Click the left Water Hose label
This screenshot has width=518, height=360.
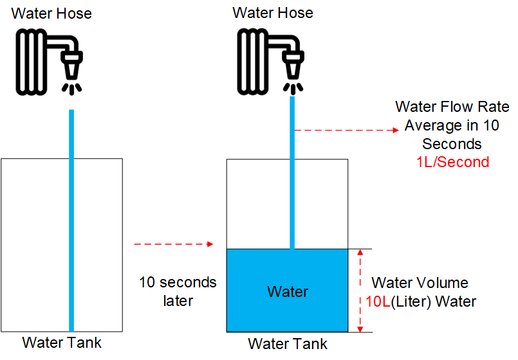pyautogui.click(x=51, y=14)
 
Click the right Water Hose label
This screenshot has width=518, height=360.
pyautogui.click(x=273, y=13)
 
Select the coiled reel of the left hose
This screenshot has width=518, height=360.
pyautogui.click(x=32, y=62)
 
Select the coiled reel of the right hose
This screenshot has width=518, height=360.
pyautogui.click(x=253, y=61)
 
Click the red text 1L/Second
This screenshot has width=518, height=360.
pyautogui.click(x=452, y=163)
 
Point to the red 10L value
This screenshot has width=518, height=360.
pyautogui.click(x=378, y=301)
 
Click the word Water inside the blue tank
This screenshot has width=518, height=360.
pyautogui.click(x=288, y=292)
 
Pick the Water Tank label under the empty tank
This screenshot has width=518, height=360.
pyautogui.click(x=62, y=343)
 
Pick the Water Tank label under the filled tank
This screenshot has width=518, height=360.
pyautogui.click(x=288, y=344)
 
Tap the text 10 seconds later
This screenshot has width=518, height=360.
pyautogui.click(x=178, y=291)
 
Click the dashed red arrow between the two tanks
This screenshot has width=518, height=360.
pyautogui.click(x=174, y=244)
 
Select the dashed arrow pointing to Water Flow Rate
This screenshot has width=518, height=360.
pyautogui.click(x=347, y=130)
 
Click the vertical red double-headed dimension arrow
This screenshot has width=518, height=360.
pyautogui.click(x=360, y=291)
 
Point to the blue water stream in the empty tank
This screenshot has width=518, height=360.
pyautogui.click(x=71, y=221)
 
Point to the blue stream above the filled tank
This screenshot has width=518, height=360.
pyautogui.click(x=292, y=172)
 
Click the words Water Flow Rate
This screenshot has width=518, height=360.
pyautogui.click(x=452, y=107)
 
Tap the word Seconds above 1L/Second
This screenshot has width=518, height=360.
pyautogui.click(x=452, y=144)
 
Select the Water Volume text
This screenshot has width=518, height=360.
pyautogui.click(x=420, y=283)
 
